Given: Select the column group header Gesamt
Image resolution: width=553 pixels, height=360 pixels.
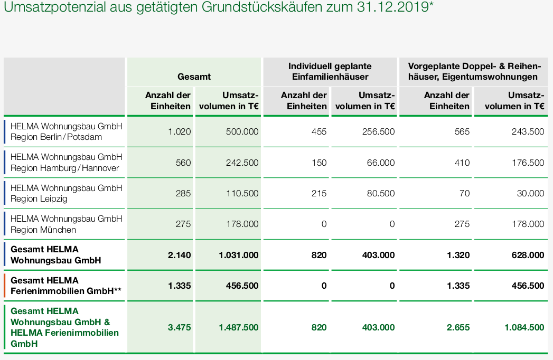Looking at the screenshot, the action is (194, 77).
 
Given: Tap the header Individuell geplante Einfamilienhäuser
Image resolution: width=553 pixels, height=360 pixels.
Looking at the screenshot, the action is (330, 71).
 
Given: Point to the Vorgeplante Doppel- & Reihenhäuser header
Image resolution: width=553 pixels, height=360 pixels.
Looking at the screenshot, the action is (473, 71).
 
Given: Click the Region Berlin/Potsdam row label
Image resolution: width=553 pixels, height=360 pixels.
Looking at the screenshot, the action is (67, 131).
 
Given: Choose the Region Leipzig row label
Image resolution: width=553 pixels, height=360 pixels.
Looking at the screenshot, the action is (67, 193).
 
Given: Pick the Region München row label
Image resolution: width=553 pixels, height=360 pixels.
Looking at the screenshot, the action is (67, 224).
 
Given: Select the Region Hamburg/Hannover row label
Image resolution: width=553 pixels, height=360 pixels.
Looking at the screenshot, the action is (67, 163).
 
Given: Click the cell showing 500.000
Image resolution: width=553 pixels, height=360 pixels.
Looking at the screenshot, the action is (242, 131).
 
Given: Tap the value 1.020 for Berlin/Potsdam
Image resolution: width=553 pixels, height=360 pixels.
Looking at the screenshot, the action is (180, 131).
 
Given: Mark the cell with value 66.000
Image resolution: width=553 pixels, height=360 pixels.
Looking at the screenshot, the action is (381, 163).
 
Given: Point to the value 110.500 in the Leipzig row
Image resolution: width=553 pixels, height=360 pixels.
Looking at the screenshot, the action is (242, 193).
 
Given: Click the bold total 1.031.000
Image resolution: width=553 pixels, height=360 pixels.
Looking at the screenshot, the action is (239, 255).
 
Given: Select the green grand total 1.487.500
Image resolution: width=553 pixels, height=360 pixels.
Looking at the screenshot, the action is (239, 327).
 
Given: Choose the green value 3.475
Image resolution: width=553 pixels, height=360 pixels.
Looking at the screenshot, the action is (180, 327).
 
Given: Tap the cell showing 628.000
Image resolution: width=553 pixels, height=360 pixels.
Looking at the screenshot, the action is (528, 255).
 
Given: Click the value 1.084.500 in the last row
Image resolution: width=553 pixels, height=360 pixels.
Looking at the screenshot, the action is (524, 327).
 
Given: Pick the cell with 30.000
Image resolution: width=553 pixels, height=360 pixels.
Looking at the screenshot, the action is (531, 193).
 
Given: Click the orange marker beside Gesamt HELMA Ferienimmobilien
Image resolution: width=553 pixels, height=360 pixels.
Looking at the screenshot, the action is (5, 286).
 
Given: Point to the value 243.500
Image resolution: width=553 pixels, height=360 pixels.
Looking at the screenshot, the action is (528, 131).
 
